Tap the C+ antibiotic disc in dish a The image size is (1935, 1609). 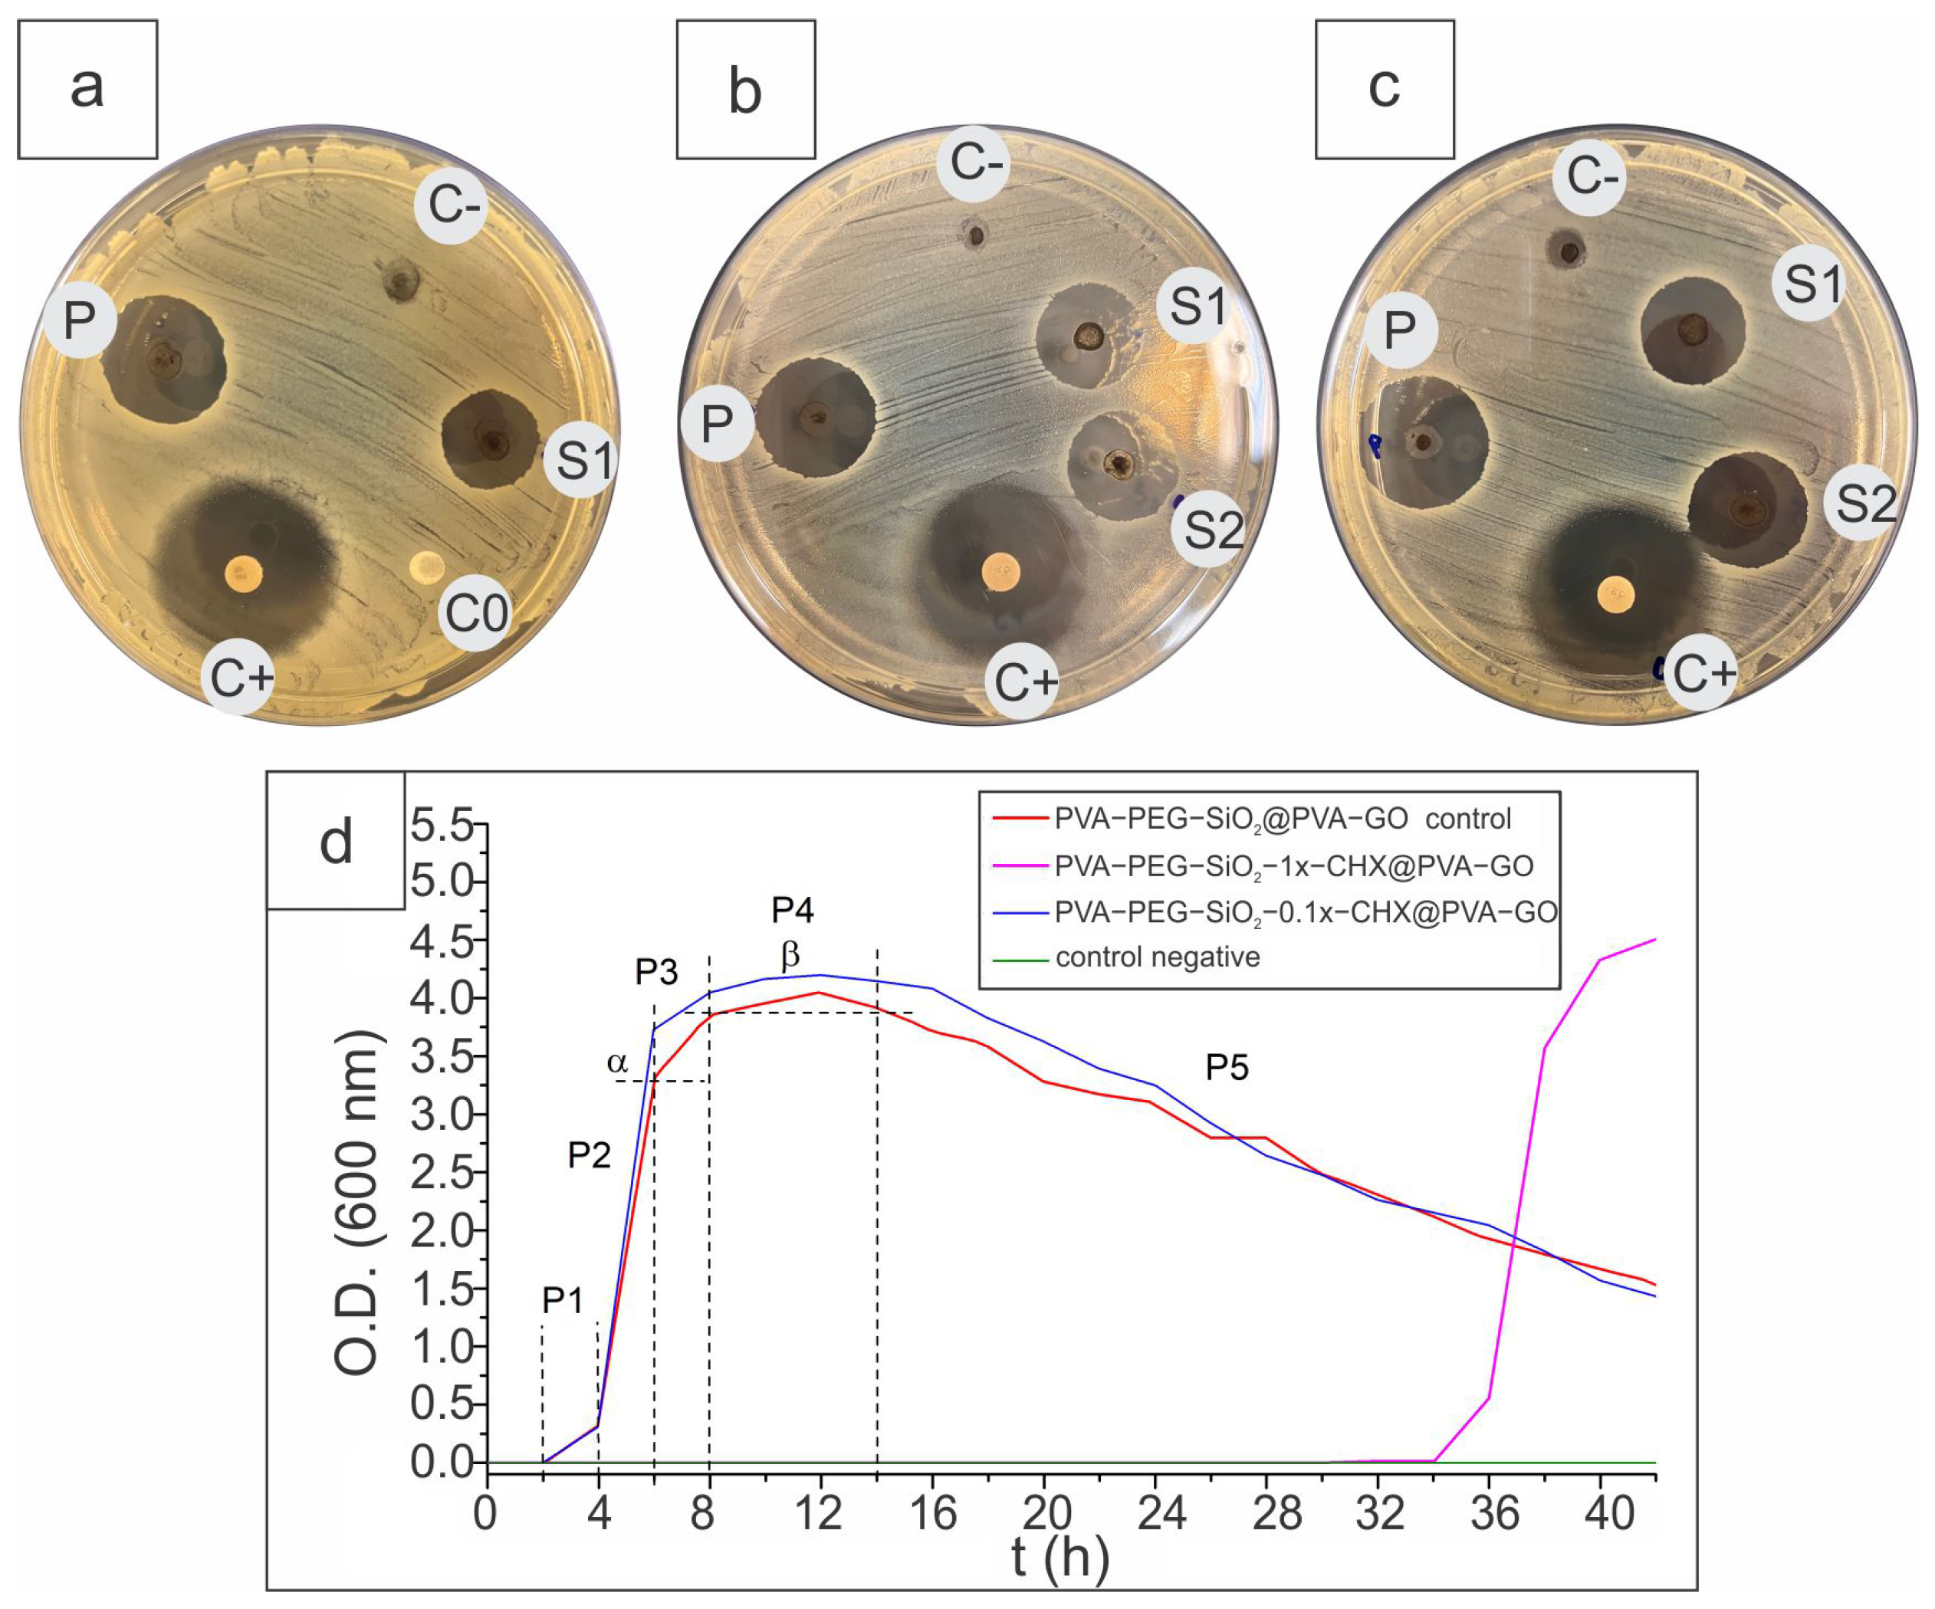243,574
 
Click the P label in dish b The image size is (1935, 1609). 717,425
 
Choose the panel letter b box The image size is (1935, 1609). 745,90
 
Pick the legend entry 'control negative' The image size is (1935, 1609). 1156,957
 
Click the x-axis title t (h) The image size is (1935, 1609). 1059,1558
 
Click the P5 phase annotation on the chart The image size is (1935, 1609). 1227,1068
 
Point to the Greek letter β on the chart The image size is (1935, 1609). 790,956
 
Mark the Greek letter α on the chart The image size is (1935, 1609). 617,1062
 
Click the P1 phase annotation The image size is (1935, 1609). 562,1300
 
